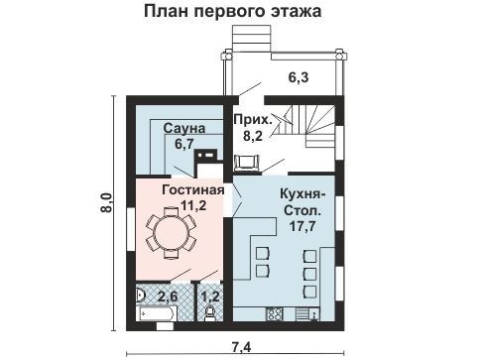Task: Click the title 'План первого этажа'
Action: pos(233,11)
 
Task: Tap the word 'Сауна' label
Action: pos(184,128)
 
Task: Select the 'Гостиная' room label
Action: pos(193,189)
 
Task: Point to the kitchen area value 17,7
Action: pos(302,226)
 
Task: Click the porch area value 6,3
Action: pos(299,77)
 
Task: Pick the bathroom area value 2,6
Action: pos(168,297)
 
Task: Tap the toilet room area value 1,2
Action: pos(210,297)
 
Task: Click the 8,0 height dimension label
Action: pos(107,202)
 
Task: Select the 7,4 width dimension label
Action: pos(241,347)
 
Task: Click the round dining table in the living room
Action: pos(172,232)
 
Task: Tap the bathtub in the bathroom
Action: pos(157,313)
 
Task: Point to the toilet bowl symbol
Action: pos(210,313)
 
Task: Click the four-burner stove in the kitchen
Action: pos(275,314)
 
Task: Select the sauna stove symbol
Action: pos(205,155)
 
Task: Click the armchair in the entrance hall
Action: pos(246,163)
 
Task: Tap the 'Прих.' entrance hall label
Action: pos(252,119)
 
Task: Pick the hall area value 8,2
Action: pos(253,136)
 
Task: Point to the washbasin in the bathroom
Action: pos(140,295)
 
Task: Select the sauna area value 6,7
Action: pos(184,144)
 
